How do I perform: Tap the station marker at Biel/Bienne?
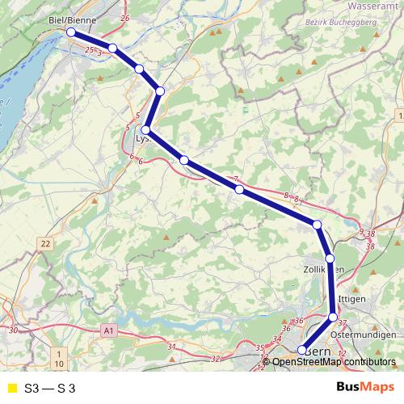(71, 32)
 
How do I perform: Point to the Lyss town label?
(143, 139)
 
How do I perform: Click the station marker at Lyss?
(146, 130)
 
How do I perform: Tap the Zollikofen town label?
(323, 270)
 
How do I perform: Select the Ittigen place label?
(353, 298)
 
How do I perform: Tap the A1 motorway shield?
(109, 330)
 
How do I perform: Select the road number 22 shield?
(45, 243)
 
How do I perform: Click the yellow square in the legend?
(11, 389)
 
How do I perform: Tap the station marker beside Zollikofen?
(330, 259)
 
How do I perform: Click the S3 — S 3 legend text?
(50, 389)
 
